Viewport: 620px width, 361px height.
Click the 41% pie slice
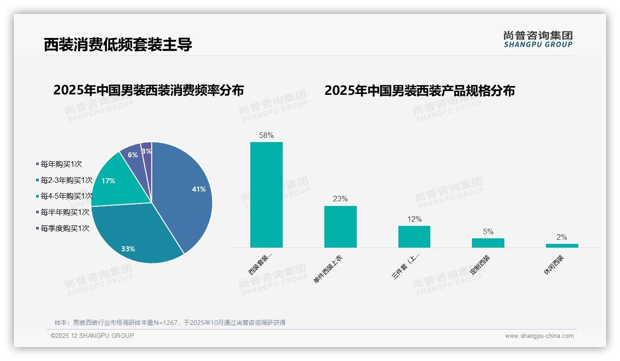[187, 194]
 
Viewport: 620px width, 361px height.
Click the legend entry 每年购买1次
[61, 164]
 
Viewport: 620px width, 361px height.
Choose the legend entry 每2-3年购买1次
[66, 180]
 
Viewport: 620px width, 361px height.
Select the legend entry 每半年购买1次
[65, 212]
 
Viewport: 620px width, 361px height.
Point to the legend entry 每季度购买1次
[65, 228]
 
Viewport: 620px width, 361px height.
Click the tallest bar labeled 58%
[267, 194]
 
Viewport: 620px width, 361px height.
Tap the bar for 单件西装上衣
[340, 227]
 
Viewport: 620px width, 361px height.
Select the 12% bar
[414, 237]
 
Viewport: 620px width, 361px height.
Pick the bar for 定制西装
[488, 243]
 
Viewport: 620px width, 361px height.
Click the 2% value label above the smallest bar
[562, 237]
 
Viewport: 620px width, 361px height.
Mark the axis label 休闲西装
[554, 265]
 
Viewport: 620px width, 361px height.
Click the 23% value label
[340, 199]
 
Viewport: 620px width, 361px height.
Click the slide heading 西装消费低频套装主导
[118, 44]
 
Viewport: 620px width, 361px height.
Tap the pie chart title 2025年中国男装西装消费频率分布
[149, 90]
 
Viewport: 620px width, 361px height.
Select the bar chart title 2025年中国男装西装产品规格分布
[419, 90]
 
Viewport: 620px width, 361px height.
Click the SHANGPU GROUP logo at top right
[538, 39]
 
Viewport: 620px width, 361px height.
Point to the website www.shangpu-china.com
[539, 336]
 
